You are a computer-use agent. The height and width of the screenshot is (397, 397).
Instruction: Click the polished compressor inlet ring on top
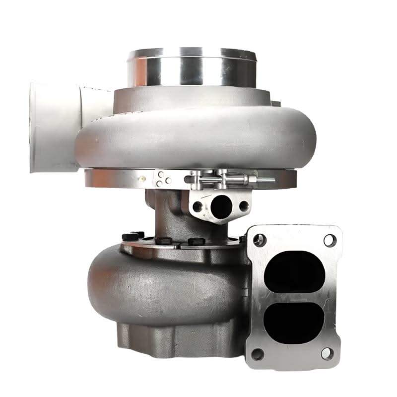191,67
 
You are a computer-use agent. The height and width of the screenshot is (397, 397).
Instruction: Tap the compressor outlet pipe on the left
50,127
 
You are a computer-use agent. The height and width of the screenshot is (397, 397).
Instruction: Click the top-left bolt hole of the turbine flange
257,240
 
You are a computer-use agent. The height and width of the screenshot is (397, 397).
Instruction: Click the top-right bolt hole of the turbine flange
329,241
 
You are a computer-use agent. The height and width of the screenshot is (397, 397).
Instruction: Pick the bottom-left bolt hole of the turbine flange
257,354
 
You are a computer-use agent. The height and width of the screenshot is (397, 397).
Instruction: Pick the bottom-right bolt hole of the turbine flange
328,353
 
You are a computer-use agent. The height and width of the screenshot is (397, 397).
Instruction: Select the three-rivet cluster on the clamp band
160,179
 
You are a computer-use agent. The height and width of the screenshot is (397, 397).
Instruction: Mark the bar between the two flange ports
296,296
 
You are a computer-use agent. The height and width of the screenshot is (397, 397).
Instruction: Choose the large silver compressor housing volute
189,134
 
